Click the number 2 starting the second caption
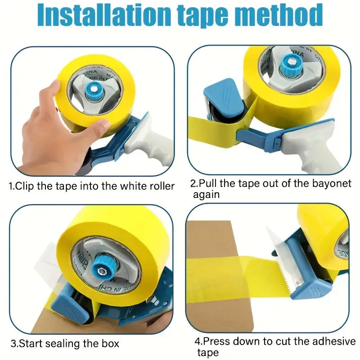pos(193,184)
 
